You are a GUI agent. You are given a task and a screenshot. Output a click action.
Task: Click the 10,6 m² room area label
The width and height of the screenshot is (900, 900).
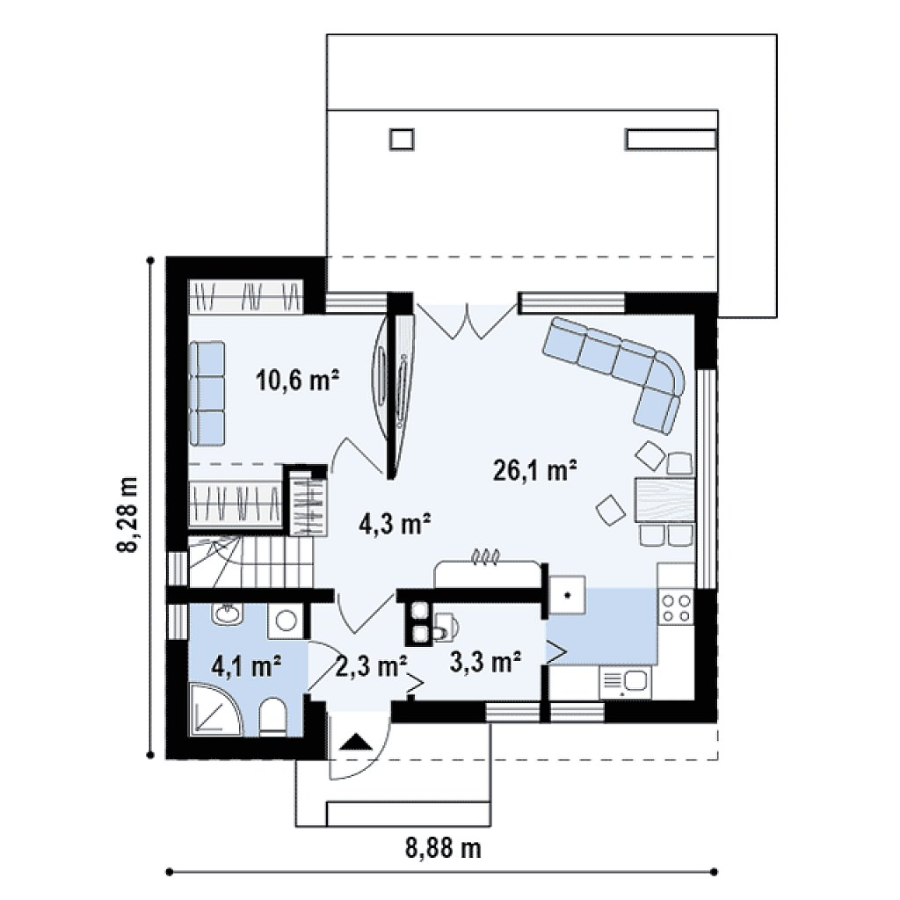(297, 380)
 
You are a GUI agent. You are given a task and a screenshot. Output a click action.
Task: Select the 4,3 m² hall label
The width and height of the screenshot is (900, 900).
(395, 523)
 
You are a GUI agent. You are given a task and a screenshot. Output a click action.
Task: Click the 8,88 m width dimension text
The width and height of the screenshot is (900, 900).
(444, 847)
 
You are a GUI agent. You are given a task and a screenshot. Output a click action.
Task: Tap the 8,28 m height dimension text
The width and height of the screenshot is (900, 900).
(127, 513)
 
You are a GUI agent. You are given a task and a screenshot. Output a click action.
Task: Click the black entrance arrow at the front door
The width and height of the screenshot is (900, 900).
(357, 741)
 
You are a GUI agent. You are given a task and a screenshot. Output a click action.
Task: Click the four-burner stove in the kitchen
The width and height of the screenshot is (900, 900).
(676, 608)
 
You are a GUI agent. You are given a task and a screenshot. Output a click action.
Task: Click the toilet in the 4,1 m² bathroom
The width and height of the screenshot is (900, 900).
(272, 717)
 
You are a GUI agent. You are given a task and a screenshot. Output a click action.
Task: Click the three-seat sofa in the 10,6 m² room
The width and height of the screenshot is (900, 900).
(206, 393)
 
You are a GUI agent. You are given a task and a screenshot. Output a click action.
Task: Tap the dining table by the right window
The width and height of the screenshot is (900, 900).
(664, 499)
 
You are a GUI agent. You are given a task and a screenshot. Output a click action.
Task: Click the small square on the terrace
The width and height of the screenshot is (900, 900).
(402, 140)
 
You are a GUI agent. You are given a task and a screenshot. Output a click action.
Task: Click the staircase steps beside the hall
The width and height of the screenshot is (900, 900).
(251, 562)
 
